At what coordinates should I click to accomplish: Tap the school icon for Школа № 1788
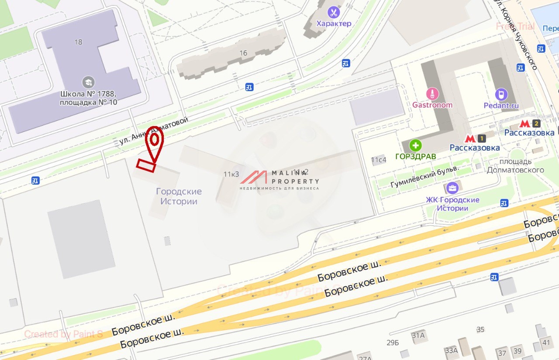[88, 82]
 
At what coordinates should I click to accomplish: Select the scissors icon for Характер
[334, 12]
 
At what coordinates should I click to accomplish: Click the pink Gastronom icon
[432, 93]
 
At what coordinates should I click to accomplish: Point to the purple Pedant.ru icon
[501, 94]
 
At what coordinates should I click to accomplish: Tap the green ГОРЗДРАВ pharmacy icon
[415, 145]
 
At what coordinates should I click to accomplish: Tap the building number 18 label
[78, 42]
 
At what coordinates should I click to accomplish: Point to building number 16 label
[243, 53]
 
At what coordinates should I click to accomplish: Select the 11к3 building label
[231, 174]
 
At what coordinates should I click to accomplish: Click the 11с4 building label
[379, 160]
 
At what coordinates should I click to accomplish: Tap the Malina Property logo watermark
[279, 179]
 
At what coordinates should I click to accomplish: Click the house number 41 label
[545, 342]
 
